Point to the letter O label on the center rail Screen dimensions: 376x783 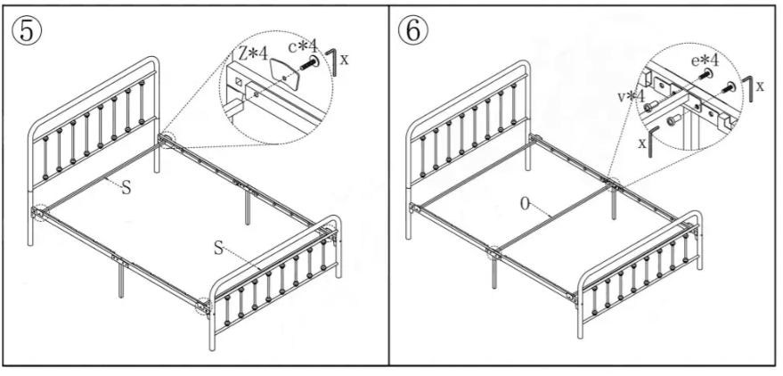point(527,204)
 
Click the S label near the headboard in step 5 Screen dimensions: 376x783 point(126,187)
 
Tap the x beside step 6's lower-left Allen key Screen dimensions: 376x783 point(640,142)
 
